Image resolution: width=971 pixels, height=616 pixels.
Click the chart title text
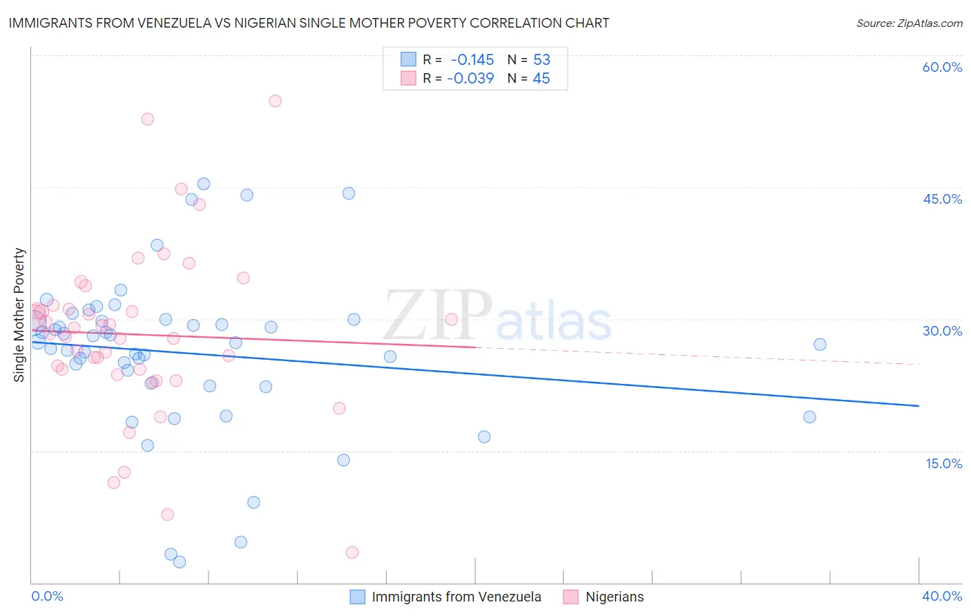click(x=309, y=23)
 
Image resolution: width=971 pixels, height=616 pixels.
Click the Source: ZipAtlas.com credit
click(x=909, y=23)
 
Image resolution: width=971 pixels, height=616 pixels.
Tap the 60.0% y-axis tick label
click(x=942, y=67)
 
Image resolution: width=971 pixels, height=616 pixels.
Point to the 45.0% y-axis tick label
click(x=942, y=199)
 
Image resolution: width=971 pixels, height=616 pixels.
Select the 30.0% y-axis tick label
click(x=942, y=331)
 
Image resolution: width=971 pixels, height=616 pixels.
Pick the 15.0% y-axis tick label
click(x=943, y=463)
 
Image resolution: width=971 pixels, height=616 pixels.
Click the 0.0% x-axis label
click(x=47, y=596)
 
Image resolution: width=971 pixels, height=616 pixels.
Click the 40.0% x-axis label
click(x=942, y=596)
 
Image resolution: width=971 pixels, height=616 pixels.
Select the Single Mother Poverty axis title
click(x=19, y=315)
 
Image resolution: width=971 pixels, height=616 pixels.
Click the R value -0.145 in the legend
click(x=472, y=59)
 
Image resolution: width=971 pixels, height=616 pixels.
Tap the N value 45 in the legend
click(x=541, y=79)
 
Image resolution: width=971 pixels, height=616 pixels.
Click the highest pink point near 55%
click(x=275, y=101)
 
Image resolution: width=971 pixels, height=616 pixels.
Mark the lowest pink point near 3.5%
click(x=352, y=552)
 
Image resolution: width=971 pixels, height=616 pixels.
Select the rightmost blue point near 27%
click(x=820, y=345)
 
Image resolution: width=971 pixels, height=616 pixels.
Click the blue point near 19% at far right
click(x=809, y=417)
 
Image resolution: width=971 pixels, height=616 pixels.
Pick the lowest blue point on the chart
click(x=180, y=562)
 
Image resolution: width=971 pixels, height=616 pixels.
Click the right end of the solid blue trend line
click(x=919, y=405)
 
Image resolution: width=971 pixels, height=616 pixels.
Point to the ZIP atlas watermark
click(x=497, y=317)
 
